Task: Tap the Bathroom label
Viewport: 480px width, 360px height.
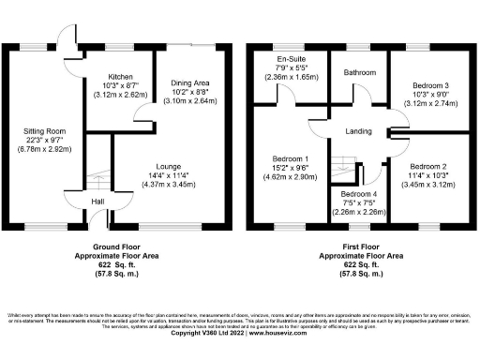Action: click(359, 71)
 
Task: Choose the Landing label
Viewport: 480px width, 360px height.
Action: click(358, 130)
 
